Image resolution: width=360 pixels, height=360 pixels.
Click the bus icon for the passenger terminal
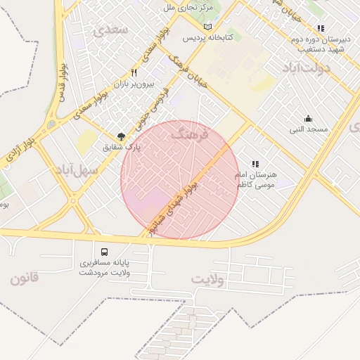point(104,251)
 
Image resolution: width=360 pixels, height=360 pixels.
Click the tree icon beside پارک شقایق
point(121,136)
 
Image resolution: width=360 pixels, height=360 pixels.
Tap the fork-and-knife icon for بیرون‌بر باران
point(134,72)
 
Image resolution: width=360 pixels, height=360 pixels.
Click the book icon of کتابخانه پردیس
point(207,27)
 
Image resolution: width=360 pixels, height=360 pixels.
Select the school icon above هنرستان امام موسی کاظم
point(255,163)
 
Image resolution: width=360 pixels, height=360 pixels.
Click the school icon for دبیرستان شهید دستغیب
point(321,29)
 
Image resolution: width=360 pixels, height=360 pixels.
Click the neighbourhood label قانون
point(26,278)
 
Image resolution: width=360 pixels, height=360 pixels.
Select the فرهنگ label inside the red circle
point(190,134)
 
